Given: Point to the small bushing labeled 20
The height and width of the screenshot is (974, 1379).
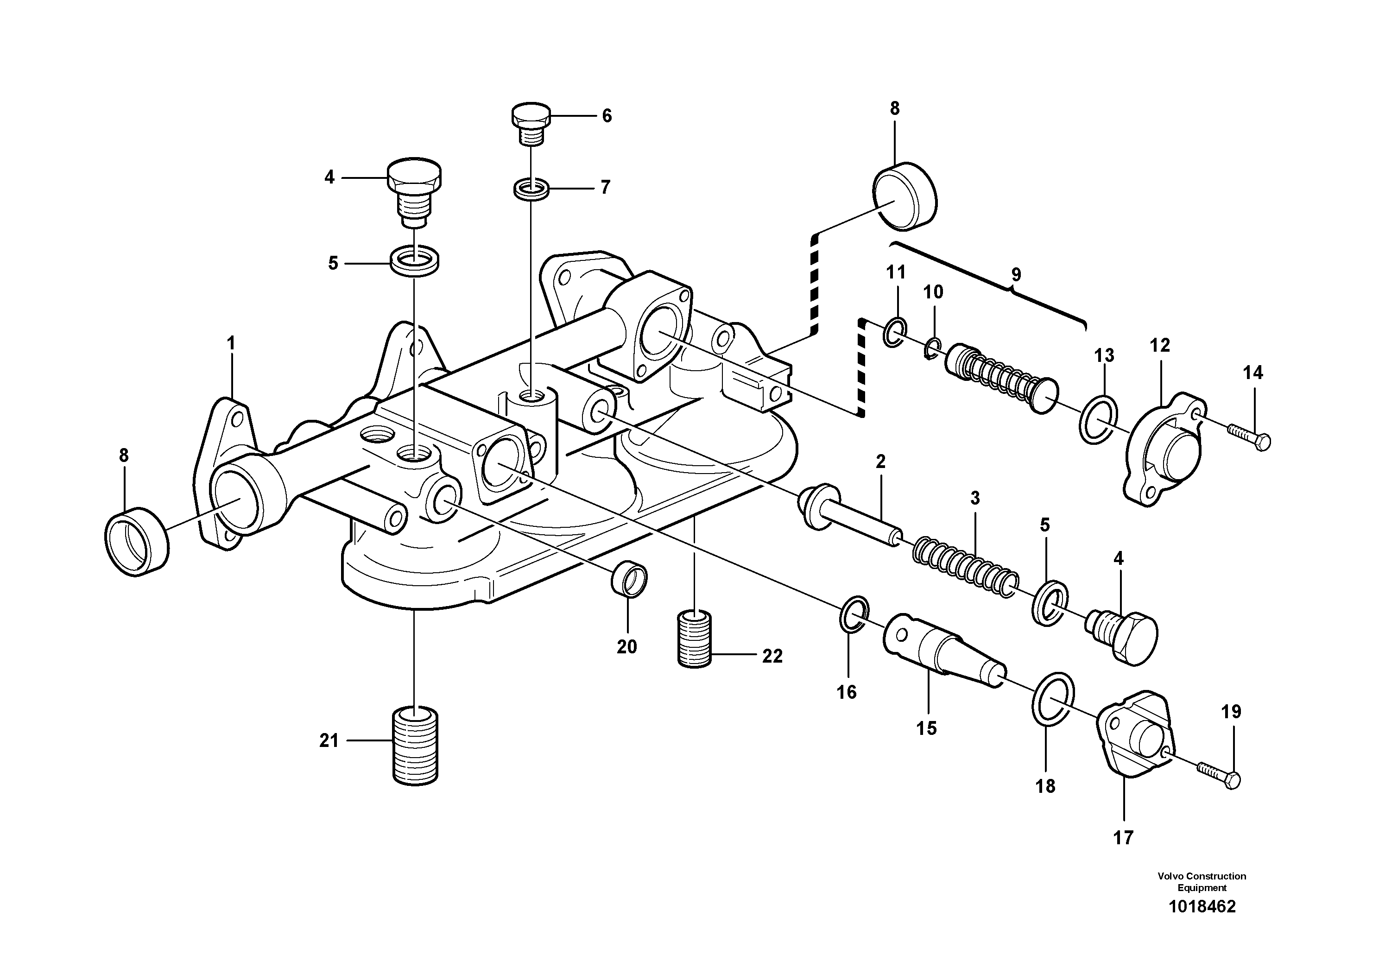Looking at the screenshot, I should pyautogui.click(x=629, y=581).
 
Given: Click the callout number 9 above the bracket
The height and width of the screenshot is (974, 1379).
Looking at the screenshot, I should pyautogui.click(x=1016, y=275).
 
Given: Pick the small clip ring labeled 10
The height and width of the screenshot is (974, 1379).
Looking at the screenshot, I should pyautogui.click(x=931, y=348).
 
